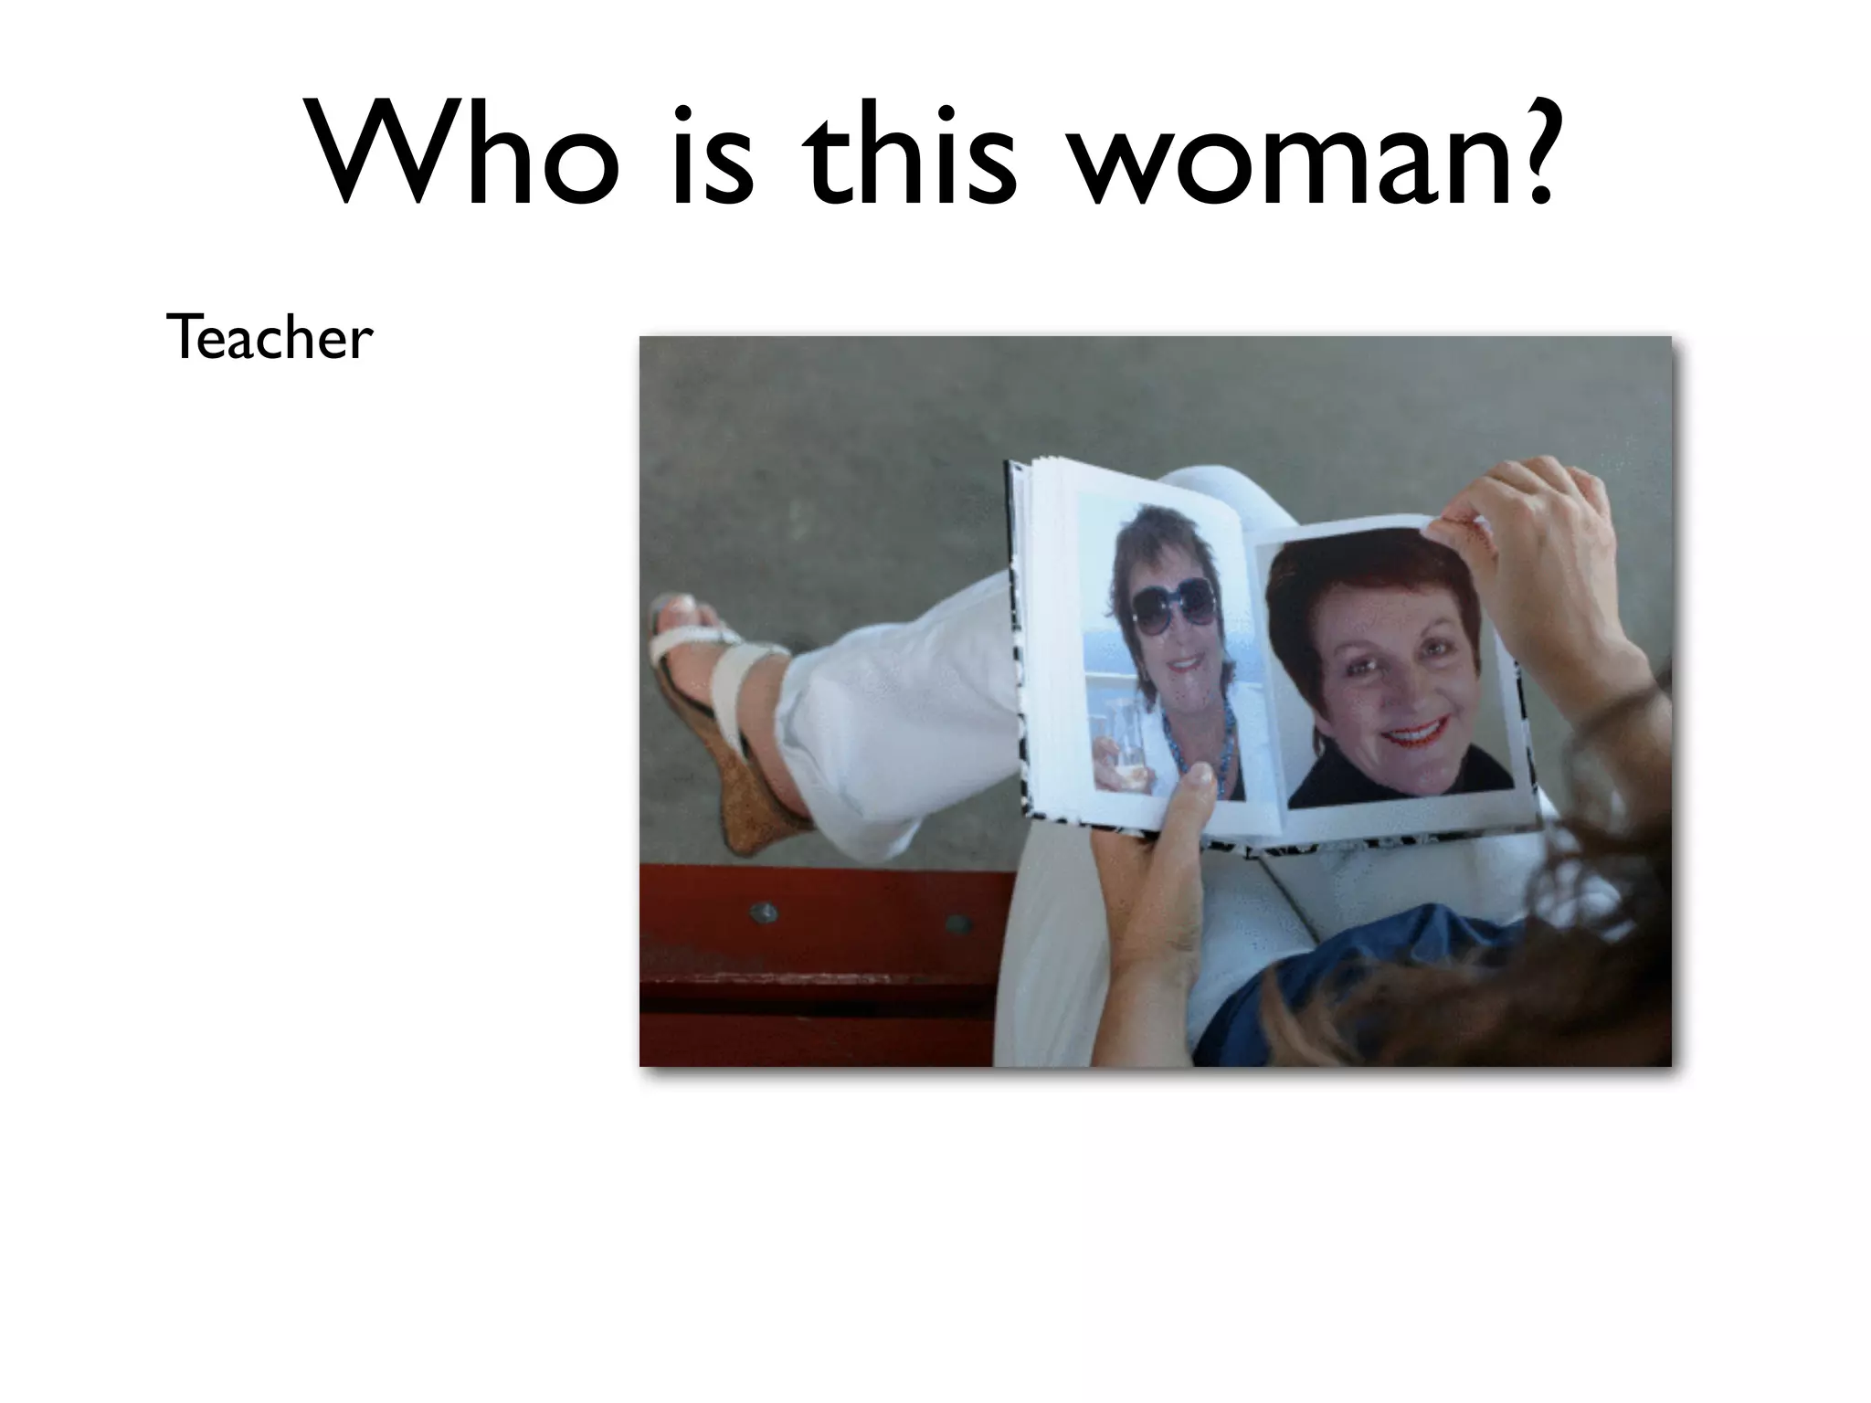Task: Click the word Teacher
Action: tap(270, 338)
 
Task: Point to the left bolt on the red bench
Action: tap(763, 912)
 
